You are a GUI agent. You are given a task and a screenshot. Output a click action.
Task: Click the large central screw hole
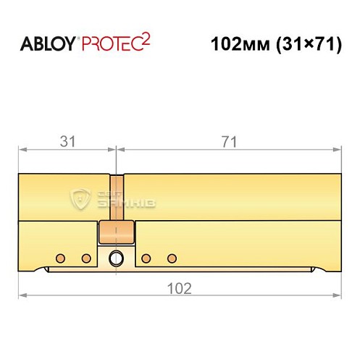click(x=115, y=258)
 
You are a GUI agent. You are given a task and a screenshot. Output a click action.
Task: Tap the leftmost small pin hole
click(x=60, y=258)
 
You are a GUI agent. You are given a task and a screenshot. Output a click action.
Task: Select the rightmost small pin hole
click(x=172, y=258)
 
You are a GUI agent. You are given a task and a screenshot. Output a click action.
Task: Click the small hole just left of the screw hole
click(x=86, y=258)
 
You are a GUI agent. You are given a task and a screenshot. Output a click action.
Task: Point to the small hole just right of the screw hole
click(x=146, y=258)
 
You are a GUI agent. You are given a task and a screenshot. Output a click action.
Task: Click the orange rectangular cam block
click(x=116, y=233)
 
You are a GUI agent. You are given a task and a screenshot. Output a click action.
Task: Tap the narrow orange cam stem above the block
click(x=116, y=199)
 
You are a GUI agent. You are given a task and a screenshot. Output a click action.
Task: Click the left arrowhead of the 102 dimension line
click(x=22, y=295)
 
